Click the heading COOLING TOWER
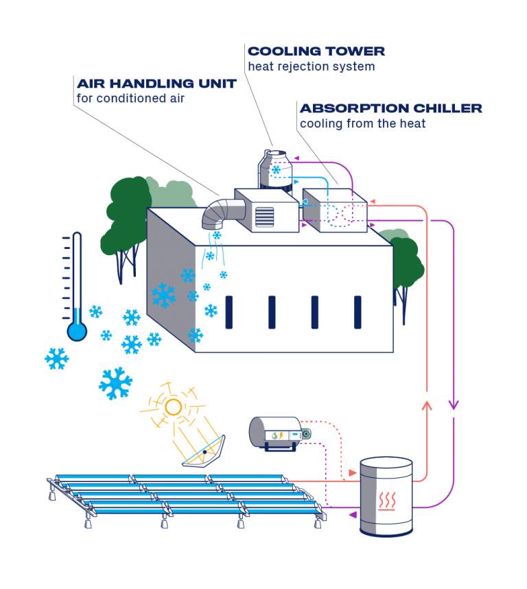tap(316, 51)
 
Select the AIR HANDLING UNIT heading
tap(156, 84)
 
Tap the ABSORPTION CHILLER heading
tap(390, 108)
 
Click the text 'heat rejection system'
tap(311, 67)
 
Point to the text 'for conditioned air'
tap(130, 98)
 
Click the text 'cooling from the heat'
tap(362, 124)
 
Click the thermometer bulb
tap(77, 331)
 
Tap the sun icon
tap(173, 407)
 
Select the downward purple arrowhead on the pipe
tap(453, 405)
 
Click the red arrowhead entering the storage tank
tap(353, 473)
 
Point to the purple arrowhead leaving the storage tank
tap(353, 514)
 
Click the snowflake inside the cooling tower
tap(277, 169)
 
